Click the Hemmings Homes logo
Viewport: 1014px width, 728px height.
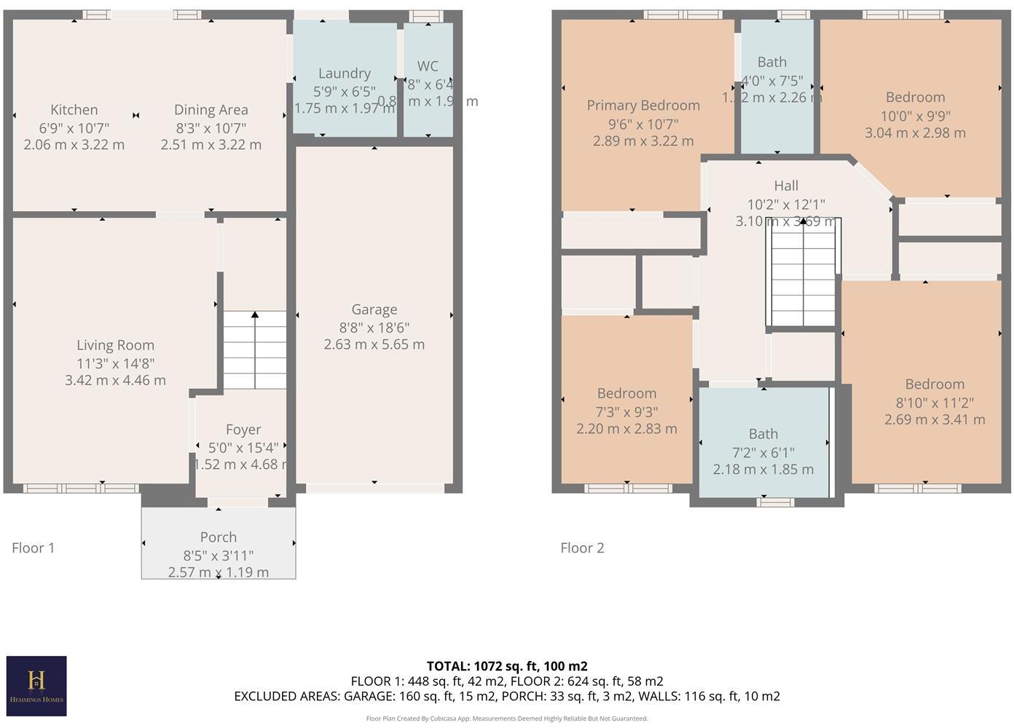point(36,685)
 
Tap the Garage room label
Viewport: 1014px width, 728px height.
point(374,309)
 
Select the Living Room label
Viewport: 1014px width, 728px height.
point(115,345)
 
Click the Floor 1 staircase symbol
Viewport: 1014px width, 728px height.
point(254,350)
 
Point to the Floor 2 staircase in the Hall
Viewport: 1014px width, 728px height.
point(803,272)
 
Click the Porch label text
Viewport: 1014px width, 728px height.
point(218,537)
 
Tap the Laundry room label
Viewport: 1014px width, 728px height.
point(344,74)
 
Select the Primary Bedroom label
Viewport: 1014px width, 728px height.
point(642,106)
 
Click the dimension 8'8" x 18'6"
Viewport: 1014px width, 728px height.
point(374,328)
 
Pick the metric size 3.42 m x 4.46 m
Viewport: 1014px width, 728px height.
point(115,380)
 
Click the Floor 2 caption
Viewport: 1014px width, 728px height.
point(581,548)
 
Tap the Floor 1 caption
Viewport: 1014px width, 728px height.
point(33,548)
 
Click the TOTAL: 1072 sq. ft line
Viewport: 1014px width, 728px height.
point(506,665)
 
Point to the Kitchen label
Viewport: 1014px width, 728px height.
point(74,110)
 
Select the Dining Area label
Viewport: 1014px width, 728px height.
point(211,110)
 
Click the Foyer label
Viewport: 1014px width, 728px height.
point(243,430)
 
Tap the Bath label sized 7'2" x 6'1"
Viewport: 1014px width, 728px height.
point(763,434)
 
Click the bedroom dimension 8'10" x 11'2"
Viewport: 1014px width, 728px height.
point(934,402)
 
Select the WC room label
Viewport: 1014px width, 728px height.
point(428,66)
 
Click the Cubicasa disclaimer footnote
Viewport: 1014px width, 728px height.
point(506,719)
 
